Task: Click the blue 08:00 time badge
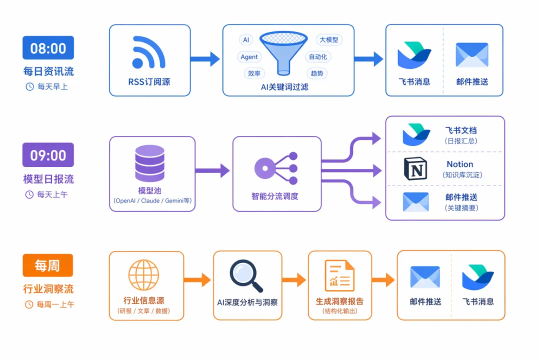[48, 48]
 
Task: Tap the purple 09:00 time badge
[48, 155]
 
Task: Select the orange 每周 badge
[48, 265]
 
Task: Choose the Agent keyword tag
[249, 56]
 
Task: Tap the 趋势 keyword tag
[316, 73]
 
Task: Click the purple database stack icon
[150, 163]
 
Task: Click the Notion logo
[415, 168]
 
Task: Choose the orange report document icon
[339, 275]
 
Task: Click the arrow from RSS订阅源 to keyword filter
[205, 59]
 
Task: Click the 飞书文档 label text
[460, 130]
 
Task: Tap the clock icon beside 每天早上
[29, 86]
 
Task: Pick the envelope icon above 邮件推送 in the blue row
[471, 55]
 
